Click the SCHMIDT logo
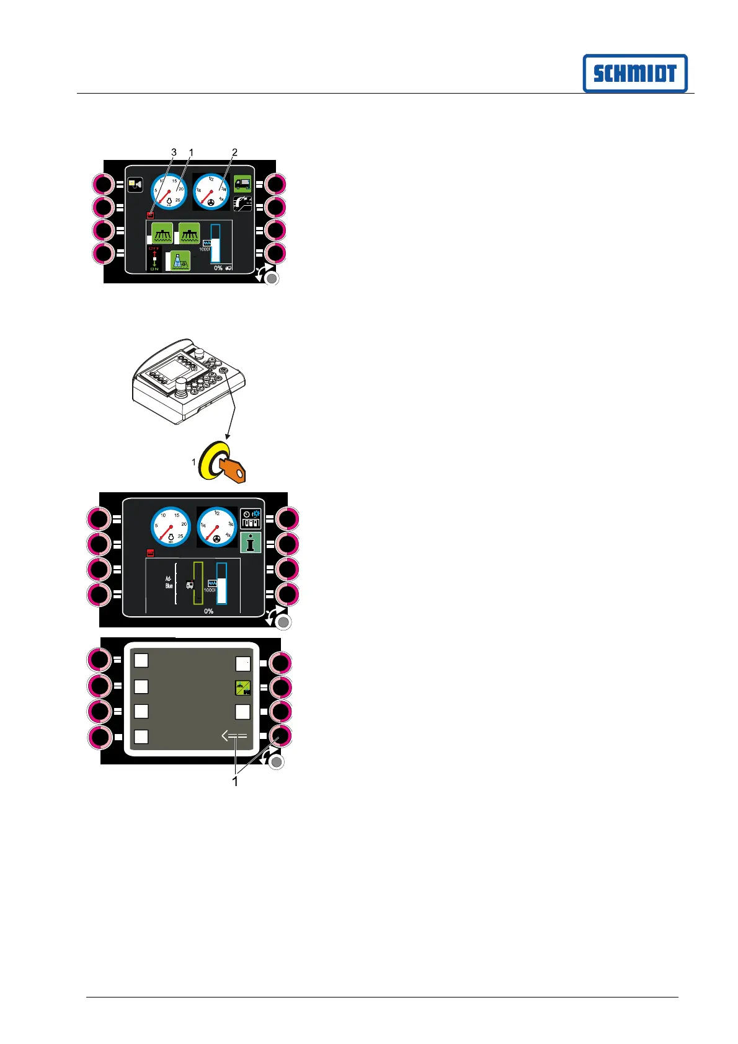[634, 73]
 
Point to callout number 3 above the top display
[174, 152]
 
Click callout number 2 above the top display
[234, 152]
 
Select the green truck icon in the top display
[242, 183]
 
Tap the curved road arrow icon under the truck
[242, 203]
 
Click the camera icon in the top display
[135, 184]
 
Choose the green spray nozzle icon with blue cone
[180, 261]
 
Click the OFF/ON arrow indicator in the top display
[154, 258]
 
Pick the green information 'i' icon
[251, 543]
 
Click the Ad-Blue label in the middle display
[169, 582]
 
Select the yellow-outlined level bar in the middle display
[198, 583]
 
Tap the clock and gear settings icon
[251, 519]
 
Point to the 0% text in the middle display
[209, 611]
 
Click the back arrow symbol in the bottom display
[234, 737]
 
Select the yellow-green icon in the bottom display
[243, 688]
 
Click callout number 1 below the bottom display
[235, 782]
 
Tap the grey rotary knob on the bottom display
[277, 762]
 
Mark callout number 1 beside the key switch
[193, 462]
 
